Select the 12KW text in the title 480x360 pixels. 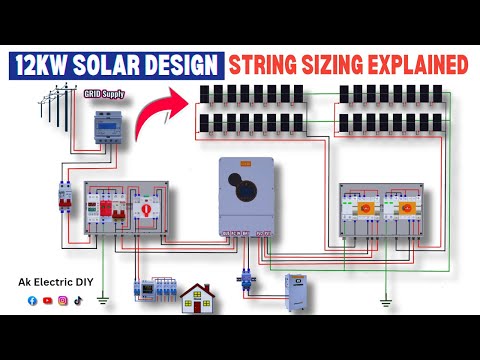(x=44, y=65)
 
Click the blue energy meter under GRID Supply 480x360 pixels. (x=106, y=128)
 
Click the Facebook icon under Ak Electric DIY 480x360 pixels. (x=33, y=299)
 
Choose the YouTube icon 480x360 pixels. (x=48, y=299)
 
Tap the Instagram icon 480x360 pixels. (x=62, y=299)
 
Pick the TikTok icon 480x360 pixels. (x=76, y=299)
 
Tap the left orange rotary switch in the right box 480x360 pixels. (x=363, y=210)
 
